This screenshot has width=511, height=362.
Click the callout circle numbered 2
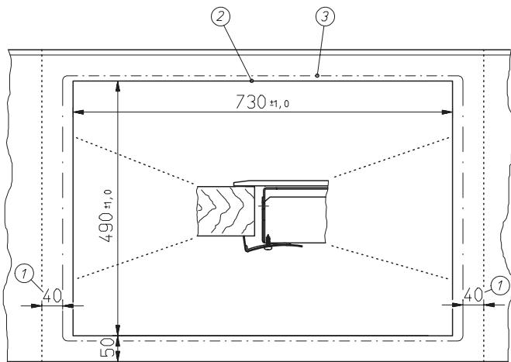[x=220, y=16]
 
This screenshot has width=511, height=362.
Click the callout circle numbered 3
[x=325, y=16]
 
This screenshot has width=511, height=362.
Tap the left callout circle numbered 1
[x=24, y=274]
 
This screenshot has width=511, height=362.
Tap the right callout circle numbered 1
[x=500, y=286]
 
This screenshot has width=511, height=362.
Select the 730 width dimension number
[x=250, y=102]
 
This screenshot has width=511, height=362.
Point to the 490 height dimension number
[x=106, y=227]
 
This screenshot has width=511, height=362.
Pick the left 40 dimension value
[x=52, y=295]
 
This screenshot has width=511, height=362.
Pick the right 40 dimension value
[x=473, y=295]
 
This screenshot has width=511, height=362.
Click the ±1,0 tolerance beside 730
[x=279, y=104]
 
